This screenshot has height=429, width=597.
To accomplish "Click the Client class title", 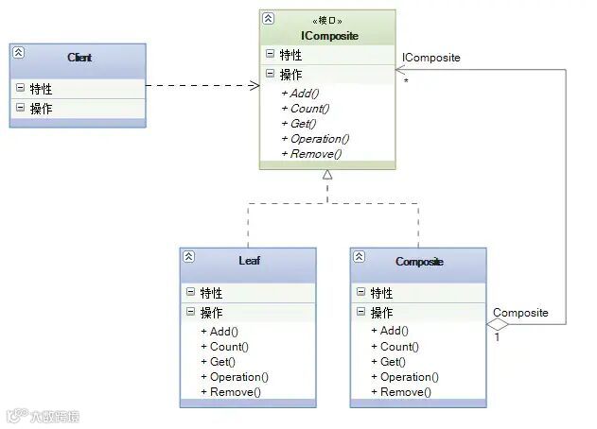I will point(79,59).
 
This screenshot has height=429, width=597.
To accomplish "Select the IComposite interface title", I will point(327,36).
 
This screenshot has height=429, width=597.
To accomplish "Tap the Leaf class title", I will point(249,261).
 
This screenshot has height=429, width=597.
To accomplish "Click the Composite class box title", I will point(419,261).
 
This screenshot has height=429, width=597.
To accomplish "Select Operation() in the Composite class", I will point(404,377).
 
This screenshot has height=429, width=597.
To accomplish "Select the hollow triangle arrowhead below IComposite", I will point(327,175).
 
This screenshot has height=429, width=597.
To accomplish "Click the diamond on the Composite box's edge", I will point(498,325).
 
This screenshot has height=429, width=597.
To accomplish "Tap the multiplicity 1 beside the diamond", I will point(498,336).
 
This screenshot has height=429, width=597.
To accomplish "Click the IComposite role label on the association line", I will point(430,58).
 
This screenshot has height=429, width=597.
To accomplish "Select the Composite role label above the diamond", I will point(520,313).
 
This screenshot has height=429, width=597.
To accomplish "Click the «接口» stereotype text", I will point(327,20).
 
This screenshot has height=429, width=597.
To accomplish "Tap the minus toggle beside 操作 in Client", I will point(20,109).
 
